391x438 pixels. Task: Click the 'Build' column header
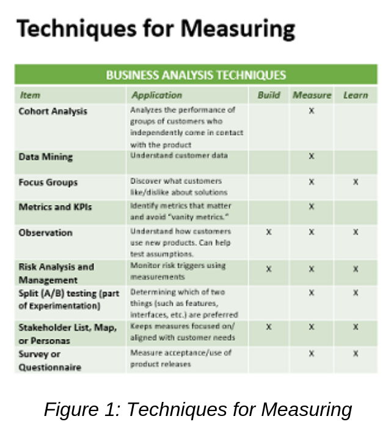(269, 95)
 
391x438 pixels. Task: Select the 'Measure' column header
(312, 95)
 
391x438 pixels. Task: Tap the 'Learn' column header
(355, 95)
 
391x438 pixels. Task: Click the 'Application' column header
(156, 95)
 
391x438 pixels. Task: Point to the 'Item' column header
(30, 95)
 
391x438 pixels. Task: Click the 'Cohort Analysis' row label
(53, 111)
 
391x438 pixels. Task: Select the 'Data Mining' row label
(45, 157)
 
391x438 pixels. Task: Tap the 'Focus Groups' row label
(48, 182)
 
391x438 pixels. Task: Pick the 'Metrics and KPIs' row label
(55, 207)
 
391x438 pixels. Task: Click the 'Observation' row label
(45, 232)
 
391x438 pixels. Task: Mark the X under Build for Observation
(269, 232)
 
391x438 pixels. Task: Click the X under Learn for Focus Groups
(355, 182)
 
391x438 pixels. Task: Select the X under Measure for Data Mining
(312, 157)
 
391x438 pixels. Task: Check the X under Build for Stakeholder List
(269, 327)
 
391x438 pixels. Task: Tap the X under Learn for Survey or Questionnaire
(355, 354)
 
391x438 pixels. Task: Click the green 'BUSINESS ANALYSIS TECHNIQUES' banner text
(195, 75)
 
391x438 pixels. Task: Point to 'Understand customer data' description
(178, 156)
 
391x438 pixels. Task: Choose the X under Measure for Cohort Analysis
(312, 111)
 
